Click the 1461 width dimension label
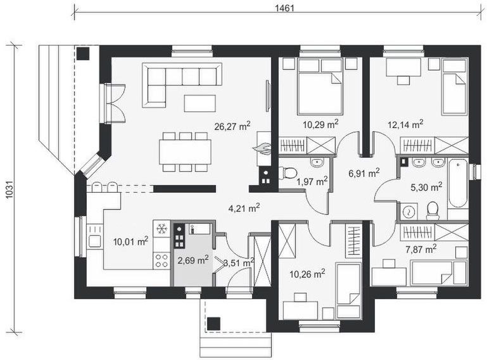[x=284, y=8]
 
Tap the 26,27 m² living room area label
[x=232, y=126]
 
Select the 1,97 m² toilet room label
[x=312, y=181]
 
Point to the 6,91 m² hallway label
[x=364, y=173]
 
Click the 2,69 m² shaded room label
[x=193, y=260]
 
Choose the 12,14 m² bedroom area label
[x=405, y=124]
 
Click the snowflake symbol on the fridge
[x=161, y=229]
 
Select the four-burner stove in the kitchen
[x=161, y=261]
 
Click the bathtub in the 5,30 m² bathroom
[x=459, y=183]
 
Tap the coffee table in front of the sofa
[x=199, y=103]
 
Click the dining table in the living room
[x=185, y=152]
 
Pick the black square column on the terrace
[x=83, y=54]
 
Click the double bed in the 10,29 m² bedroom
[x=320, y=87]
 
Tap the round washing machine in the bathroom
[x=408, y=212]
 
